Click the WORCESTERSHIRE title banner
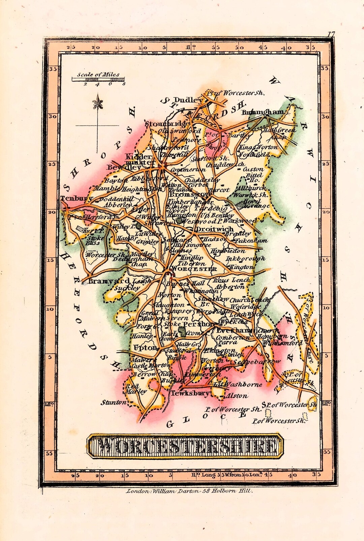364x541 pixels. point(185,446)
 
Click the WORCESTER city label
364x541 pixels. point(194,269)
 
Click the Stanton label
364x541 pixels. point(114,402)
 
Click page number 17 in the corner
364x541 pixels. point(331,34)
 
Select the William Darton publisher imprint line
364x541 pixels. point(189,491)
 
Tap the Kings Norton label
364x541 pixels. point(259,147)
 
